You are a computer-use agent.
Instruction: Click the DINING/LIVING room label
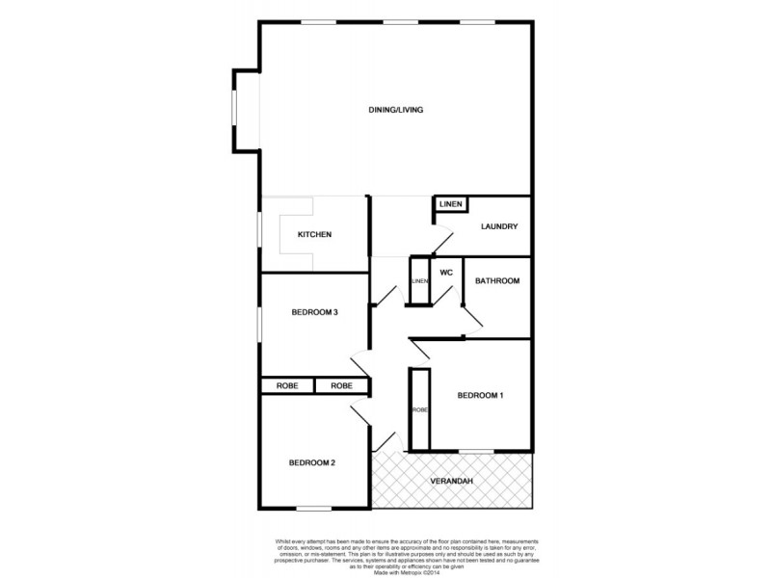click(396, 110)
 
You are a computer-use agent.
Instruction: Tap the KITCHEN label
click(314, 234)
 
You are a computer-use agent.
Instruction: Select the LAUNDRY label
click(499, 226)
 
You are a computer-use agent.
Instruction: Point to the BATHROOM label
click(499, 281)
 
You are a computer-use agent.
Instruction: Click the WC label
click(446, 273)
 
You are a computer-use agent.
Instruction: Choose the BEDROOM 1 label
click(479, 395)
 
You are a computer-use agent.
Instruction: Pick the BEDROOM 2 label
click(312, 462)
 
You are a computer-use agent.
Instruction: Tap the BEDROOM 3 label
click(314, 311)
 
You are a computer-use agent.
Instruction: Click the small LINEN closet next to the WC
click(419, 280)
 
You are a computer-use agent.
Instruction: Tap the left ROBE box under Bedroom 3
click(287, 385)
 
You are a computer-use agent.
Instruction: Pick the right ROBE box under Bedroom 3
click(342, 385)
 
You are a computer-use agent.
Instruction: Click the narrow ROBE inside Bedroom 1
click(419, 409)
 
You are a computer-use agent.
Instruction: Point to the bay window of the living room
click(234, 110)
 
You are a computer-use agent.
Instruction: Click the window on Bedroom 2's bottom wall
click(314, 509)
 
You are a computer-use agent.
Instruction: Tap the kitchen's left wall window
click(259, 234)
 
